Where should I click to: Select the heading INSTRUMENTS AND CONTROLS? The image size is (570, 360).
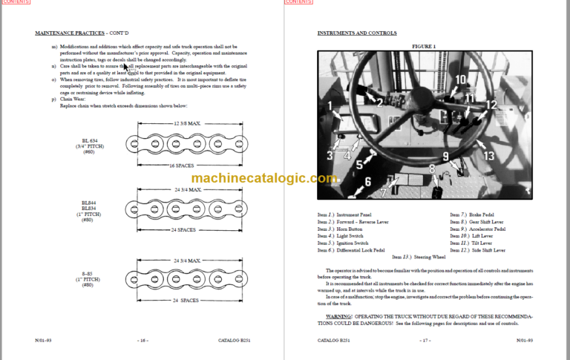(x=356, y=33)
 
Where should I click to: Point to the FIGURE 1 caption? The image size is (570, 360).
(x=424, y=46)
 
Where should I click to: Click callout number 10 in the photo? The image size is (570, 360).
(x=460, y=79)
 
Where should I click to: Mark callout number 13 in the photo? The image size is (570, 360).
(x=488, y=156)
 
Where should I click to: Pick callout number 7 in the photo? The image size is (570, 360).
(x=383, y=192)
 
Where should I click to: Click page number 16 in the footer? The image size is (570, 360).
(x=142, y=341)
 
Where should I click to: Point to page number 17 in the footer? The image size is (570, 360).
(x=425, y=341)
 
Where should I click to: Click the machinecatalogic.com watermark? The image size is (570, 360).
(x=264, y=178)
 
